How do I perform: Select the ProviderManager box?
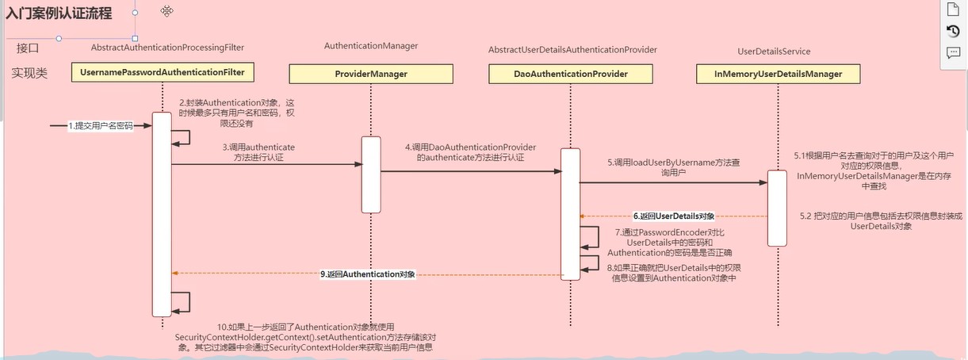click(x=370, y=74)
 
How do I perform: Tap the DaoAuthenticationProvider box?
click(x=570, y=74)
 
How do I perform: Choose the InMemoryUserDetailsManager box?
click(x=778, y=74)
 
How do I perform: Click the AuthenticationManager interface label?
click(x=370, y=46)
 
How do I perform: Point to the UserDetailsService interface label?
click(x=774, y=52)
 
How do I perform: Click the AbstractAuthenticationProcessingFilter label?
click(x=167, y=48)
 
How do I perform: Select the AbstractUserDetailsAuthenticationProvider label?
click(x=572, y=50)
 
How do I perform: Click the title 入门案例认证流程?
click(x=59, y=13)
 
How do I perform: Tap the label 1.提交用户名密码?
click(x=100, y=126)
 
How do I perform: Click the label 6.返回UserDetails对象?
click(x=674, y=216)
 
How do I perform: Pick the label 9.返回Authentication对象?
click(x=369, y=274)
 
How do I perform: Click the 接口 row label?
click(x=28, y=48)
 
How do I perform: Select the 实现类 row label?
click(x=29, y=73)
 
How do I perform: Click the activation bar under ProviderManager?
click(x=370, y=174)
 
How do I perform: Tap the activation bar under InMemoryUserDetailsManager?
click(x=777, y=208)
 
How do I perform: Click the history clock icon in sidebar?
click(x=953, y=31)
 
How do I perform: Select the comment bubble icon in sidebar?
click(x=953, y=53)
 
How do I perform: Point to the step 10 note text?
click(x=304, y=337)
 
